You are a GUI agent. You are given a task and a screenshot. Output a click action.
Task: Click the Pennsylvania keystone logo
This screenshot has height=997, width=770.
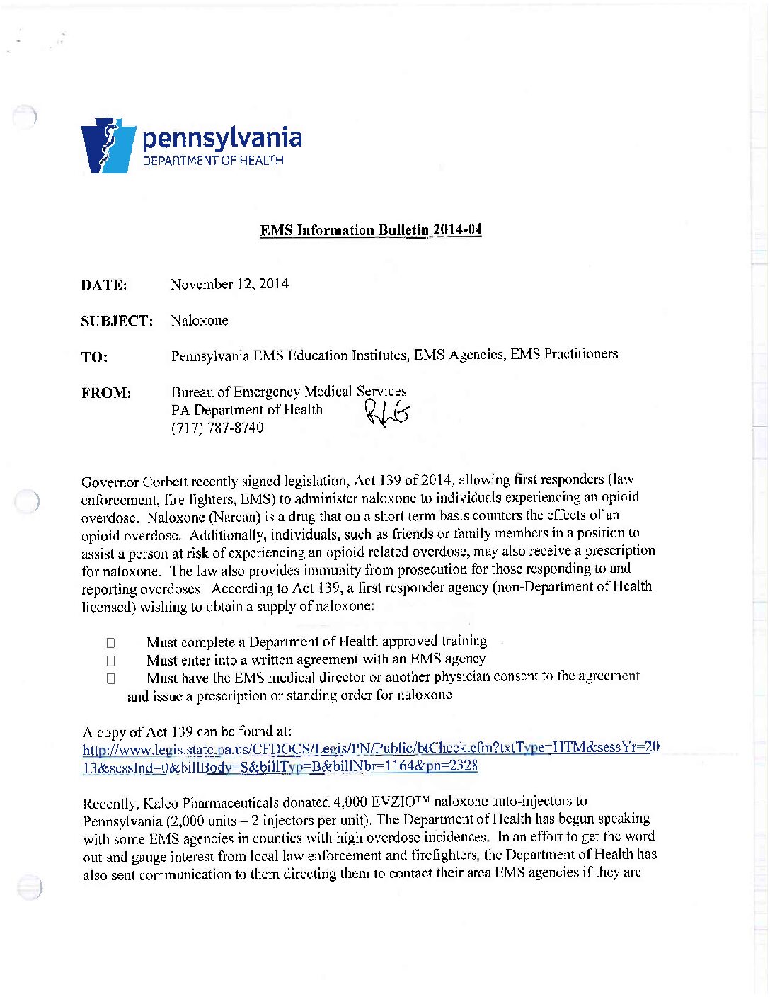pos(108,146)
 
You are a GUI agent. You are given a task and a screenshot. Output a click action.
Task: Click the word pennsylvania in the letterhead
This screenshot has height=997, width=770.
pos(222,137)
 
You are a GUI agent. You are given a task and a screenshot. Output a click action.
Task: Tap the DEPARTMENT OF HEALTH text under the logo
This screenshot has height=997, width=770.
pos(213,161)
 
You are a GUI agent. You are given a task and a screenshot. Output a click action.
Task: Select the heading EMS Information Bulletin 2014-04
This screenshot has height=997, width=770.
pos(371,230)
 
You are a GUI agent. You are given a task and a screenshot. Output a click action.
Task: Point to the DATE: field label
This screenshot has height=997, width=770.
pos(103,285)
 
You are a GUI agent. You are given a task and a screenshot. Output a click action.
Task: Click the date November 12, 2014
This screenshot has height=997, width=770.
pos(229,284)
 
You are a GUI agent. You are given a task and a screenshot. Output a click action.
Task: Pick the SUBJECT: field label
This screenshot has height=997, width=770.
pos(117,321)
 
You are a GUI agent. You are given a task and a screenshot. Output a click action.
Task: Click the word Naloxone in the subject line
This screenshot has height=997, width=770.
pos(200,320)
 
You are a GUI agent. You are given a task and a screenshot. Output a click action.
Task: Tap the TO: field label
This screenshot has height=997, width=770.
pos(94,357)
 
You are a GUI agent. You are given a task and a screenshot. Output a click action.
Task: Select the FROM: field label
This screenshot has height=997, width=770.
pos(106,393)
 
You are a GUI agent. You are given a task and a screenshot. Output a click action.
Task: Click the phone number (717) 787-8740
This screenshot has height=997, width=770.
pos(217,428)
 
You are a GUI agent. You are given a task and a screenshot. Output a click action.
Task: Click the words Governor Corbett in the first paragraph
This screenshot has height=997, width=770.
pos(133,482)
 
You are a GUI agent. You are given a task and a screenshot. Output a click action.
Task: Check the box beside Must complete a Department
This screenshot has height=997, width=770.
pos(110,643)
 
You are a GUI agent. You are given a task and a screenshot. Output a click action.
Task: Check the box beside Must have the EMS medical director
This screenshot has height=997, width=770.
pos(110,678)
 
